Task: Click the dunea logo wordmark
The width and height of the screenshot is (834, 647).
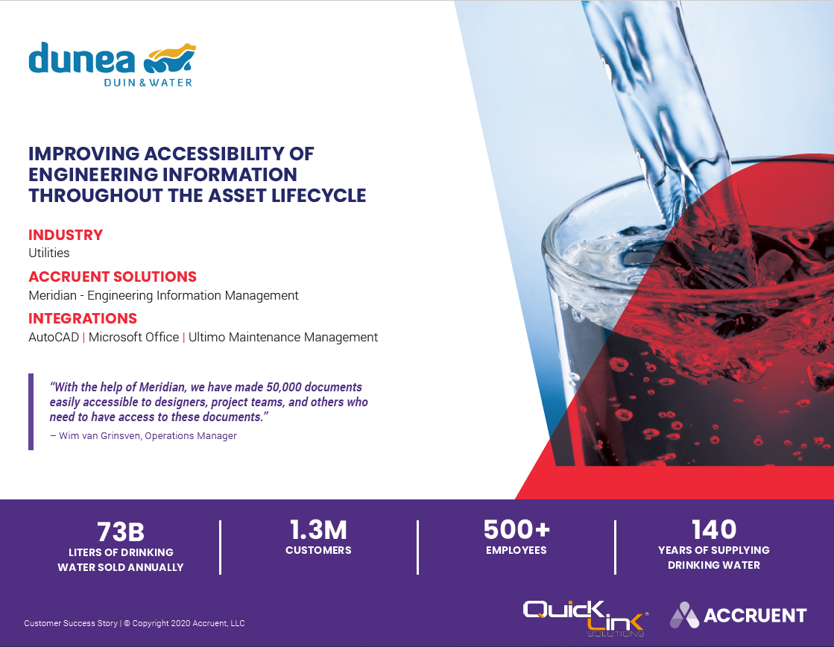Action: (82, 58)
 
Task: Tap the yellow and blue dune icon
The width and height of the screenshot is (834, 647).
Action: (170, 58)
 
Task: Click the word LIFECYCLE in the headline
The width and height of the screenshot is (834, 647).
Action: (318, 196)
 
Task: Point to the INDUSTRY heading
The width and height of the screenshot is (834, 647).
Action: (66, 235)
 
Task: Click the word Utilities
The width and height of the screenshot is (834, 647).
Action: (49, 253)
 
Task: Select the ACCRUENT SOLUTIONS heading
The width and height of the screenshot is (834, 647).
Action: (113, 277)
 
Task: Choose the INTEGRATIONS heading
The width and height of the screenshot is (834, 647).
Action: (83, 318)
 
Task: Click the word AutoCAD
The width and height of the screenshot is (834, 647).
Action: (54, 338)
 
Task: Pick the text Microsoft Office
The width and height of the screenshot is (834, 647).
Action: (133, 338)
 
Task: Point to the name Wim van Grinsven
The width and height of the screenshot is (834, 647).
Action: (99, 436)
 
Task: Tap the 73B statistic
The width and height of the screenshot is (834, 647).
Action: (121, 531)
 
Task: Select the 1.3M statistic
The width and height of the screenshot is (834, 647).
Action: (318, 530)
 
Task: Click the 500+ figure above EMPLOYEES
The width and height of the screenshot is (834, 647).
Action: (516, 529)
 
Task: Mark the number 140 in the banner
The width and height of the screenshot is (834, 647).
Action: (714, 529)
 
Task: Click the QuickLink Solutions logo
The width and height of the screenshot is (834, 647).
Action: (585, 618)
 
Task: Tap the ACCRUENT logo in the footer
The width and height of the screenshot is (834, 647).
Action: (739, 615)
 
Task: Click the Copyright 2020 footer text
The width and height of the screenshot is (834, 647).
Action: (184, 623)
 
